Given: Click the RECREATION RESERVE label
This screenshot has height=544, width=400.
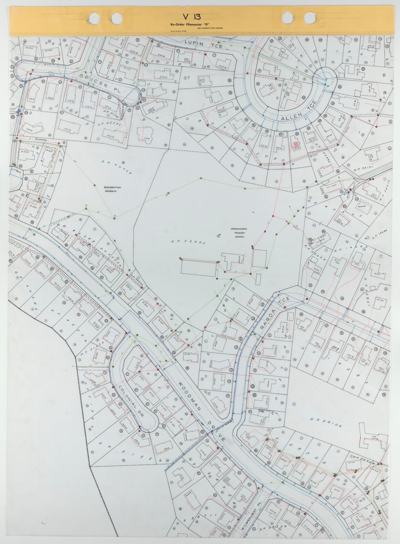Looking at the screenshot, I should point(113,189).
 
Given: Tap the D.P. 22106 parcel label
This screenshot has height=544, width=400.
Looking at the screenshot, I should point(326,422).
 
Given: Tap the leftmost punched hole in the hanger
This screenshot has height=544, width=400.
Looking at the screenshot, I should point(94,18).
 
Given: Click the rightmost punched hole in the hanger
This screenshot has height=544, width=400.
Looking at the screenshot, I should point(309,18).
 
